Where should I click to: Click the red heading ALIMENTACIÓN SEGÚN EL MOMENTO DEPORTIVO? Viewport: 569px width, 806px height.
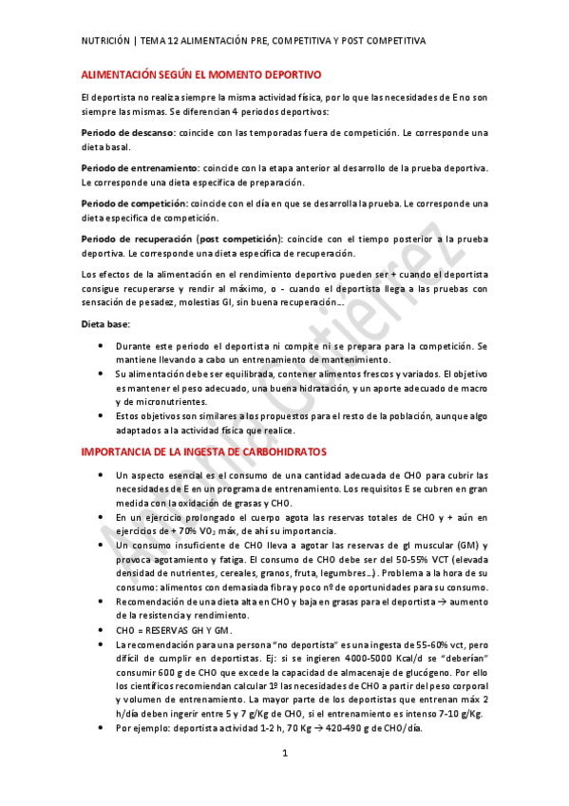click(x=200, y=74)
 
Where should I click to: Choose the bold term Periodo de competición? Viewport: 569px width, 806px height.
click(x=134, y=203)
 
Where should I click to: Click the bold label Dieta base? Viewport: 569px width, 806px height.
click(x=104, y=324)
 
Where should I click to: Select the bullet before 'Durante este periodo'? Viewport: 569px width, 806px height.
click(x=102, y=346)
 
